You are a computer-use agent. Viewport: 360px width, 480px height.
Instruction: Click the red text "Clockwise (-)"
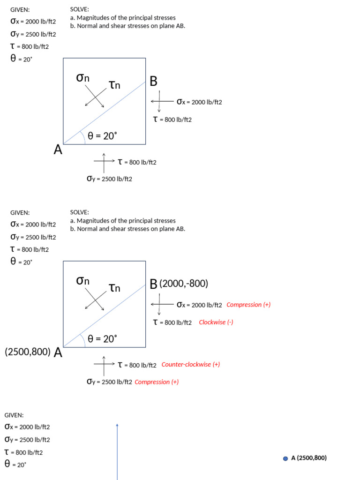coord(216,322)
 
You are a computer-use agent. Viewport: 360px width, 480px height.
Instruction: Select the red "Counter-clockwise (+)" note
coord(191,364)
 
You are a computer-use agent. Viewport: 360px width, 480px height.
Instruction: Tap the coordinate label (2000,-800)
coord(184,284)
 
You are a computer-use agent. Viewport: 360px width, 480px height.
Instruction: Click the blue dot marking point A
coord(285,458)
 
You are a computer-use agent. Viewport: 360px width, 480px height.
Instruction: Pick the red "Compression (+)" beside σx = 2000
coord(248,305)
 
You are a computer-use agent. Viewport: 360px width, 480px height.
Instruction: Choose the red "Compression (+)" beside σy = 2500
coord(157,382)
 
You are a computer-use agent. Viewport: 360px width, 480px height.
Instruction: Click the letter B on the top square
coord(154,82)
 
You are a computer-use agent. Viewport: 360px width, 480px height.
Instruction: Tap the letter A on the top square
coord(58,150)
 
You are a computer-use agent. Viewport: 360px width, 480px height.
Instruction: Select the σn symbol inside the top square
coord(83,78)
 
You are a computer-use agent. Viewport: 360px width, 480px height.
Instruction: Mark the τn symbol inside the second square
coord(114,287)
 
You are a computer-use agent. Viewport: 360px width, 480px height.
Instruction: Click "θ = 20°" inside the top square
coord(102,136)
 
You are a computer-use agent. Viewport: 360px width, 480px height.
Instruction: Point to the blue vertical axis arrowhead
coord(117,426)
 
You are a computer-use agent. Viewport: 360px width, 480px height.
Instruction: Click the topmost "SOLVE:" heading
coord(79,9)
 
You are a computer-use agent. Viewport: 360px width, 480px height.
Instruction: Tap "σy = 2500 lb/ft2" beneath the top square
coord(110,179)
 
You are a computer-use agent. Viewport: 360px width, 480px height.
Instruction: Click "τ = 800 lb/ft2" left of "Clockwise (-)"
coord(172,322)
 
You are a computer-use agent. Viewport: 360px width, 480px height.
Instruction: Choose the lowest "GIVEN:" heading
coord(14,415)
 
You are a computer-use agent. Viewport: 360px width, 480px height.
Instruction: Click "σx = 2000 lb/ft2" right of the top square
coord(199,102)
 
